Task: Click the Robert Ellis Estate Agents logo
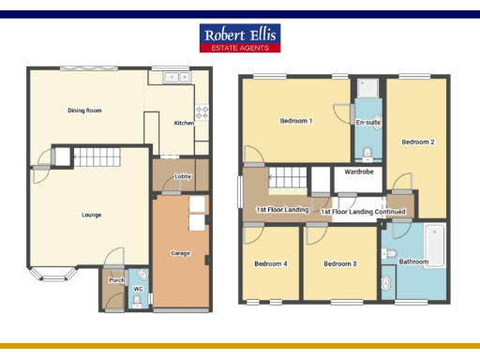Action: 240,37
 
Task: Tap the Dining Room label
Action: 84,111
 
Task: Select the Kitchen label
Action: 184,123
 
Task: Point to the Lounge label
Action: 91,215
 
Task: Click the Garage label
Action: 180,253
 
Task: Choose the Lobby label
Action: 182,176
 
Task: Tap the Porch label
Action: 117,280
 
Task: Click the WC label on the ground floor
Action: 138,289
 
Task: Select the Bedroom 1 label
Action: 297,121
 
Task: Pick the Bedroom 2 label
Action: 418,142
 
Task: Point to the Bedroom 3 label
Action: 340,263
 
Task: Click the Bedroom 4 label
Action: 271,263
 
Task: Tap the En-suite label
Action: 367,123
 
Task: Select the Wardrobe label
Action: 360,172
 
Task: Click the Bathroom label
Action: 413,262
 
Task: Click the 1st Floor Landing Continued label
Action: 363,212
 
